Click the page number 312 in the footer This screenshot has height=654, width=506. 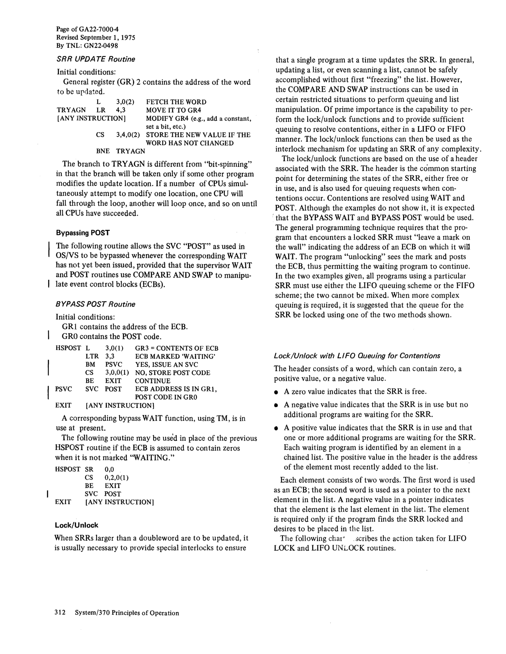(60, 612)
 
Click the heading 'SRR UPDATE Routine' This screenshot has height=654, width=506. (96, 59)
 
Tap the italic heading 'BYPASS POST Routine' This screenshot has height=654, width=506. (95, 304)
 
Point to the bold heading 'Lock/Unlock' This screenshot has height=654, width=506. (76, 525)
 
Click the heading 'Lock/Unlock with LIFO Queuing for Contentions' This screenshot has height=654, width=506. (357, 356)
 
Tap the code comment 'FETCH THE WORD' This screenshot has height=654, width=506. (176, 102)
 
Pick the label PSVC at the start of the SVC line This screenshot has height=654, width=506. (64, 389)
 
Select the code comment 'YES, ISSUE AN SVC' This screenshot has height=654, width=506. (166, 364)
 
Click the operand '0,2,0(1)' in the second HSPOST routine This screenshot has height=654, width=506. (117, 477)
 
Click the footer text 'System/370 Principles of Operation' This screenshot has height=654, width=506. (127, 613)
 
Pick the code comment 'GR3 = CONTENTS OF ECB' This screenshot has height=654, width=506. (177, 348)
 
